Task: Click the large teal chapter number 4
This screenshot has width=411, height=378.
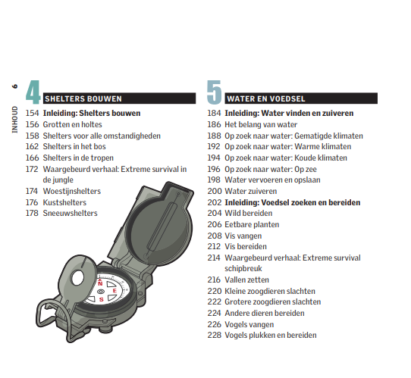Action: (x=33, y=92)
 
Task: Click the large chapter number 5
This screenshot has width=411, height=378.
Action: (x=215, y=92)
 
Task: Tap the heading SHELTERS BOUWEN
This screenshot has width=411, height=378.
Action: (x=83, y=98)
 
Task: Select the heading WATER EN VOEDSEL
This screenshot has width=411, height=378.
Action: (x=266, y=98)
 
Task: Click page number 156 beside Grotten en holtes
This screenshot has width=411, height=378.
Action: (x=32, y=124)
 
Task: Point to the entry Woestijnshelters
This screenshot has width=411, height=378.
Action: (x=72, y=191)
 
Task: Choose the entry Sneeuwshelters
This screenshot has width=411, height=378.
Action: (x=70, y=213)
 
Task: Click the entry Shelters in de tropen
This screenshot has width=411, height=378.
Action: (x=78, y=158)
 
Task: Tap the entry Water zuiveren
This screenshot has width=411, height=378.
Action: (x=250, y=191)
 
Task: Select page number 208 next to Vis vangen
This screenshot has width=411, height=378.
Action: (x=215, y=236)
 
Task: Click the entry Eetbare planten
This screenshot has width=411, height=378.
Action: (x=252, y=224)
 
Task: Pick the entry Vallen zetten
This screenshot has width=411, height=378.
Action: (x=246, y=280)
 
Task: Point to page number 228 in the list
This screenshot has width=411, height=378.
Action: (x=215, y=335)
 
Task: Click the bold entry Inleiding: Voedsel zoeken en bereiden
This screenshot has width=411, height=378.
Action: (x=293, y=202)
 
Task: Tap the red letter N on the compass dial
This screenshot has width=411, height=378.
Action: (x=100, y=283)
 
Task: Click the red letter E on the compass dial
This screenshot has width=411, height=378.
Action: (x=115, y=291)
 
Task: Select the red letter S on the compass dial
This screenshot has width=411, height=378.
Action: (x=102, y=299)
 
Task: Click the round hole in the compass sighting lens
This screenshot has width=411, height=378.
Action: (x=78, y=278)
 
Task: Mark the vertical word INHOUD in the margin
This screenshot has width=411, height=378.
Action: (x=15, y=120)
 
